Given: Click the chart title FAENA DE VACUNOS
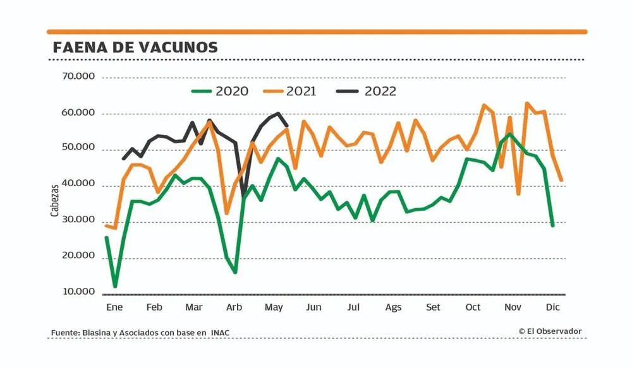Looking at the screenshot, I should pyautogui.click(x=135, y=48).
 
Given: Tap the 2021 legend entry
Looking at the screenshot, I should pyautogui.click(x=301, y=92).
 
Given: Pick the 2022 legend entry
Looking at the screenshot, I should pyautogui.click(x=380, y=92).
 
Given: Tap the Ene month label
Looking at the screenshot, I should pyautogui.click(x=114, y=307).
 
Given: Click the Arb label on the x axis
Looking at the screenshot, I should pyautogui.click(x=234, y=307).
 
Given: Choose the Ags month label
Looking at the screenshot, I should pyautogui.click(x=393, y=307).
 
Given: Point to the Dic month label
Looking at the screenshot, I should pyautogui.click(x=553, y=307).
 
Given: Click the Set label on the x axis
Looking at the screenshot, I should pyautogui.click(x=434, y=307).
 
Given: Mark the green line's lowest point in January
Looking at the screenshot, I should pyautogui.click(x=115, y=287).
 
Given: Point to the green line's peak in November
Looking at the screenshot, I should pyautogui.click(x=509, y=133).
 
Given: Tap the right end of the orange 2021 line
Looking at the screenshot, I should pyautogui.click(x=561, y=181).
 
